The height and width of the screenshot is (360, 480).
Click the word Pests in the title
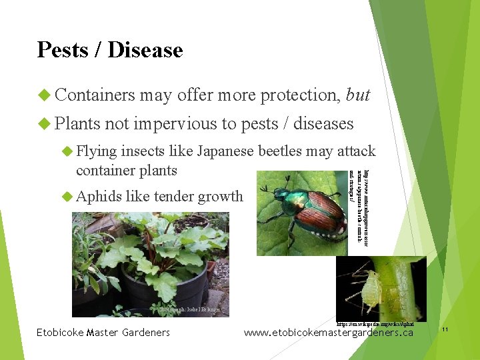pyautogui.click(x=63, y=50)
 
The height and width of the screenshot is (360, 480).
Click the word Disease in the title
pyautogui.click(x=145, y=50)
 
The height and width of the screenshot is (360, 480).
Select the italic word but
pyautogui.click(x=358, y=95)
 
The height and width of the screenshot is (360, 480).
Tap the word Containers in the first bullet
pyautogui.click(x=95, y=95)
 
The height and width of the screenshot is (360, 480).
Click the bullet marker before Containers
pyautogui.click(x=44, y=95)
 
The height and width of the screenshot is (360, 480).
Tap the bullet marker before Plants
pyautogui.click(x=44, y=123)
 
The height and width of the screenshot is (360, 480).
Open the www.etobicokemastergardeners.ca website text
pyautogui.click(x=328, y=333)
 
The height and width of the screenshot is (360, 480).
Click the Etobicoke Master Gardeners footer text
pyautogui.click(x=103, y=333)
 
